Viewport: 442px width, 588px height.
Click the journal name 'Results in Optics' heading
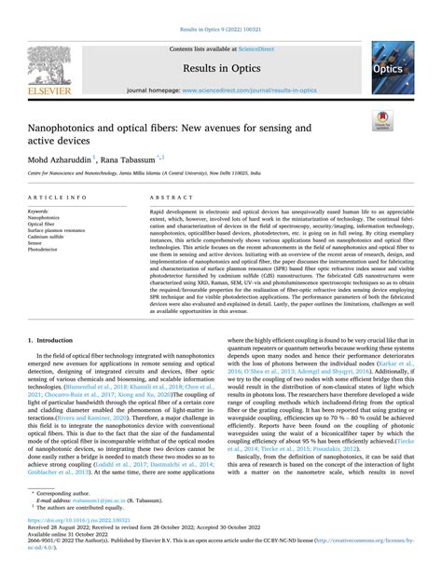pyautogui.click(x=220, y=68)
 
